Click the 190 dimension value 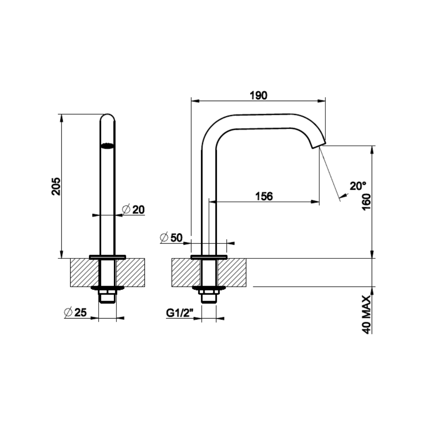click(258, 96)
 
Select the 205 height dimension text click(56, 186)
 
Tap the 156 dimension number click(264, 196)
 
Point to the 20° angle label click(358, 186)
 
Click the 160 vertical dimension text click(366, 202)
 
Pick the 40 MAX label click(366, 315)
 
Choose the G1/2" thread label click(179, 313)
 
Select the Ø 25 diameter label click(75, 312)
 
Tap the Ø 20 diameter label click(133, 210)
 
